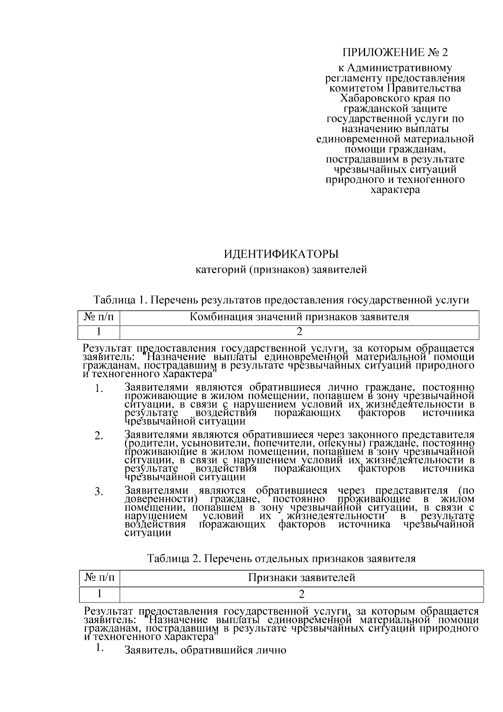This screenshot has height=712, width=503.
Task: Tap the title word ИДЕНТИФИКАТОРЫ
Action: click(281, 255)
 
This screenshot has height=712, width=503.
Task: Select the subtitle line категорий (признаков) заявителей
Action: click(281, 270)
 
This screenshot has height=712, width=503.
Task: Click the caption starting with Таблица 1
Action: click(281, 300)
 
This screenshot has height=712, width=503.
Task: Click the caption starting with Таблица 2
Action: click(281, 559)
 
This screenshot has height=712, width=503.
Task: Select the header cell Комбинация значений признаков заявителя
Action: click(299, 317)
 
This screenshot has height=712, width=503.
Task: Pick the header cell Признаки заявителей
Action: click(301, 578)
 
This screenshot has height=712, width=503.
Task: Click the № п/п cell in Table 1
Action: click(99, 317)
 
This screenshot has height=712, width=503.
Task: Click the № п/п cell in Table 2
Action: click(100, 578)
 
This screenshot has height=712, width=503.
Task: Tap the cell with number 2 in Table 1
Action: click(299, 332)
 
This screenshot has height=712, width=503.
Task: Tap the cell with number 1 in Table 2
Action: click(100, 594)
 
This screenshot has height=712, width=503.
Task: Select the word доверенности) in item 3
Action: click(161, 499)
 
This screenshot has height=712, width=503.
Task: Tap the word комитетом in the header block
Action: click(357, 89)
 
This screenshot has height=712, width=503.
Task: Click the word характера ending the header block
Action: click(395, 190)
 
